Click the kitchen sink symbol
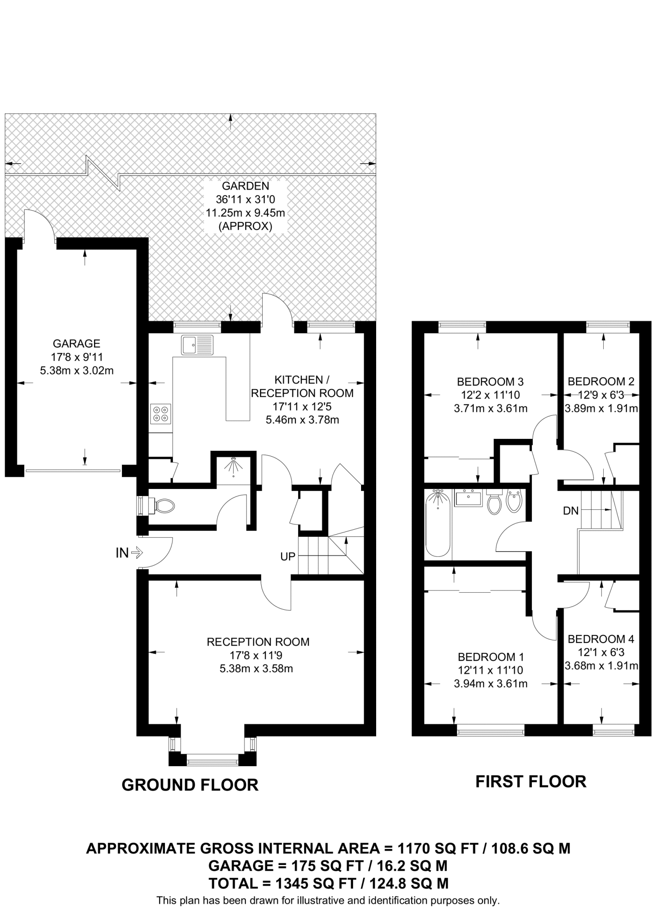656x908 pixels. click(x=197, y=344)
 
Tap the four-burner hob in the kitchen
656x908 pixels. click(x=161, y=414)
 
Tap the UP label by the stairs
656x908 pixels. click(x=288, y=556)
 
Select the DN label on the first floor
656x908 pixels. click(x=571, y=511)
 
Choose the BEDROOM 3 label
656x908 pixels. click(x=490, y=381)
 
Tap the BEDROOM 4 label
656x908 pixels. click(x=601, y=639)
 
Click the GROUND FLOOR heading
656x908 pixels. click(x=190, y=785)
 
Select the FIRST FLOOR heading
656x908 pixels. click(x=531, y=781)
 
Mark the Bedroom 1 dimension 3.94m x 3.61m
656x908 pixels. click(x=491, y=684)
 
